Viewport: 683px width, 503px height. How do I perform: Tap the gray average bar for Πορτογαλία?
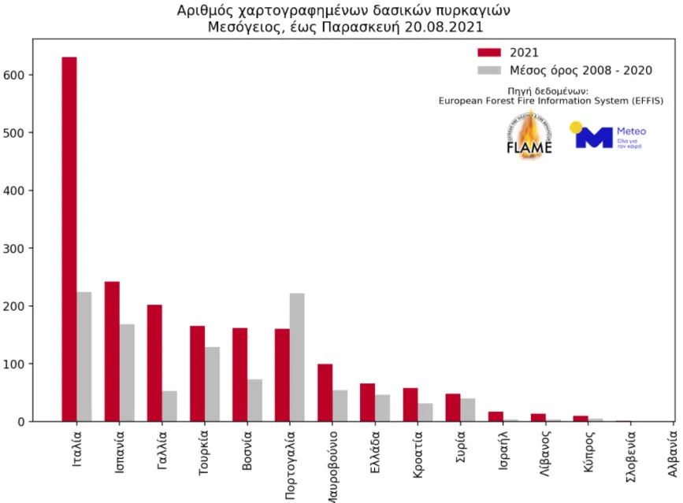click(x=297, y=357)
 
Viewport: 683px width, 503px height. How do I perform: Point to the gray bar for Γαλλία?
click(x=169, y=406)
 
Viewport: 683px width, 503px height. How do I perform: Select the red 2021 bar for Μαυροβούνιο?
click(x=325, y=393)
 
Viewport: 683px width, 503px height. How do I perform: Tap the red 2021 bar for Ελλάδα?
click(x=367, y=402)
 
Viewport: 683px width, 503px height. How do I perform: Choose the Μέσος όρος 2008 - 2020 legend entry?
click(x=564, y=70)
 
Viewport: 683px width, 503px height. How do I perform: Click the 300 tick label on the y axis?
click(x=18, y=248)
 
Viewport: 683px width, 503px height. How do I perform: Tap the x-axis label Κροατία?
click(x=418, y=453)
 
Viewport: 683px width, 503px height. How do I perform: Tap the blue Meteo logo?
click(x=607, y=137)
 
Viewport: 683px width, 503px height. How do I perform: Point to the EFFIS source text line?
click(x=551, y=101)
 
